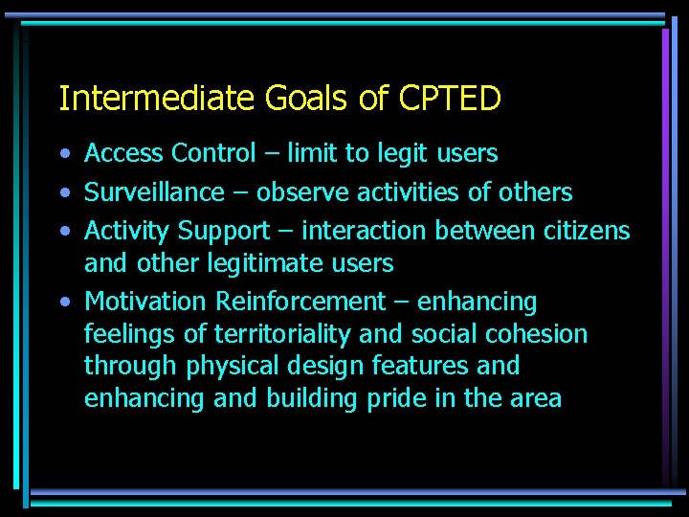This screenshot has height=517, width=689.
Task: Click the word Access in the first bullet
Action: [122, 153]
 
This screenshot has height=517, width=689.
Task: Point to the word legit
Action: [390, 153]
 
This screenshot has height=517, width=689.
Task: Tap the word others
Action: [533, 192]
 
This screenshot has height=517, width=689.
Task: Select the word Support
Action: [224, 232]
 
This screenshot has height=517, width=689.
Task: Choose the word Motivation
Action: [146, 302]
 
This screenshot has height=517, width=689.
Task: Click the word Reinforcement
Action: [300, 302]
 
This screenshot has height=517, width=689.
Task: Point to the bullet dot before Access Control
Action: [62, 154]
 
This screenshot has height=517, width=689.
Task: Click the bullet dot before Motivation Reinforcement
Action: [62, 303]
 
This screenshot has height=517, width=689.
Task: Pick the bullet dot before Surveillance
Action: [62, 193]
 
